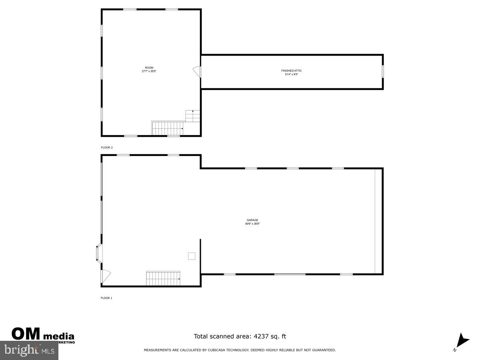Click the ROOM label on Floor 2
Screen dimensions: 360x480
click(149, 68)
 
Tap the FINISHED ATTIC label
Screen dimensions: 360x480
click(291, 71)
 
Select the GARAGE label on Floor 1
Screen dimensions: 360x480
click(252, 220)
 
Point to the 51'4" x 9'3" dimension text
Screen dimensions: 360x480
click(291, 74)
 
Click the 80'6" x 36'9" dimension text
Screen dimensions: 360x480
click(252, 224)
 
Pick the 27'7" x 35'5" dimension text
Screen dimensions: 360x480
click(149, 72)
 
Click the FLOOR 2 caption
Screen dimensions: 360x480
click(107, 148)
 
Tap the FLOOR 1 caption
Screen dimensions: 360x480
click(106, 298)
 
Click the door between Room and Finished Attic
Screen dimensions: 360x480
click(197, 72)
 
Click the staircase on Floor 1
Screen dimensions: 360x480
click(163, 278)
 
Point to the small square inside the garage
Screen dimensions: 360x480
click(192, 256)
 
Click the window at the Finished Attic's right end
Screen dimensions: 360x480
click(383, 72)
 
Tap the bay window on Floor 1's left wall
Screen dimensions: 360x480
click(98, 254)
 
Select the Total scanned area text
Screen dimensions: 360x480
click(240, 336)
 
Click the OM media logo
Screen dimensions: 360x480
click(43, 335)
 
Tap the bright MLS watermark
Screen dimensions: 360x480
click(29, 350)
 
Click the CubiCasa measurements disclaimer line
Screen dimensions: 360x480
click(240, 350)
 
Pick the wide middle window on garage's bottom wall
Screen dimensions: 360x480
click(290, 274)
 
